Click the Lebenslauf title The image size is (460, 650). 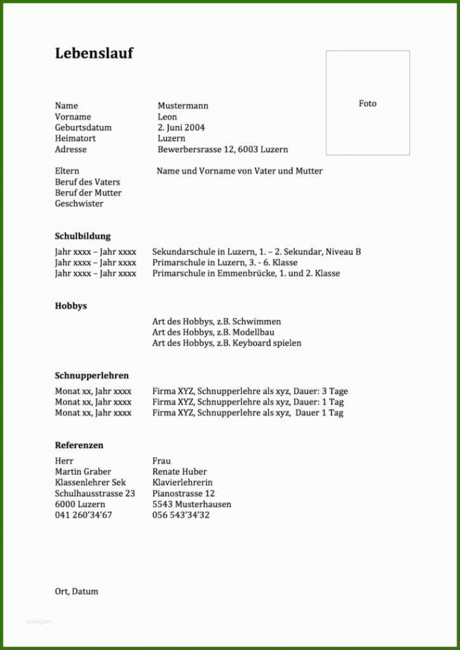(94, 53)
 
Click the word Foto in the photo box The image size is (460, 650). (368, 104)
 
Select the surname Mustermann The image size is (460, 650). (183, 106)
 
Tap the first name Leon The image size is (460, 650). (167, 117)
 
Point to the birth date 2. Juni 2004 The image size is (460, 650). (181, 128)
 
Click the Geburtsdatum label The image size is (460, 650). (83, 128)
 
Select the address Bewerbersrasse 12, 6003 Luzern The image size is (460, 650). (223, 150)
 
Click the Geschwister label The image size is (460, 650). (79, 204)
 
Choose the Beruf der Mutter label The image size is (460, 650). (88, 193)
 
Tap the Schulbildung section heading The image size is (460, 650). (83, 236)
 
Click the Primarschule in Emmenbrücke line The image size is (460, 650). (245, 273)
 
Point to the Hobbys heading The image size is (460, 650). (71, 306)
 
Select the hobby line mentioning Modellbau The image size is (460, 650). (213, 332)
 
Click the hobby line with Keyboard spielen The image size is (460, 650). (227, 343)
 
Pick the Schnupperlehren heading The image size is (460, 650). (92, 375)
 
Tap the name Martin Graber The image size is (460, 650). (83, 472)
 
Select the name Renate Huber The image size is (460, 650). (179, 472)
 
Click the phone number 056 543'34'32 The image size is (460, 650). (181, 515)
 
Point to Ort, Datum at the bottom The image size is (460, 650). (76, 591)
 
